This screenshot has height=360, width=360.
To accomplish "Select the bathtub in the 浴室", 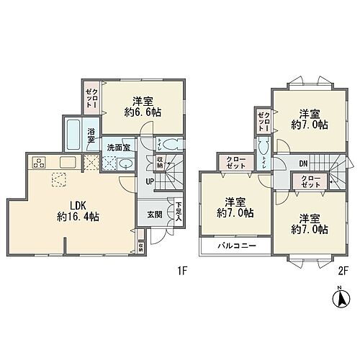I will [74, 132].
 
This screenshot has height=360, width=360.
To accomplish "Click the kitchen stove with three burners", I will [38, 161].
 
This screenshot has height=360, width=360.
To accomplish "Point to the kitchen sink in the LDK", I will [68, 161].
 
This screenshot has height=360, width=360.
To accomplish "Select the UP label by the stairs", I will [150, 181].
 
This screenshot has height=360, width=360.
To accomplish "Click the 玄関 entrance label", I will [155, 214].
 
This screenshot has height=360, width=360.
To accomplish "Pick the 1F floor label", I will [183, 273].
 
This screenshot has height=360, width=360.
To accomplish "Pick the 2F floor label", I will [341, 273].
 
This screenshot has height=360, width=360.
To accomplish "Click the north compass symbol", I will [339, 297].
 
